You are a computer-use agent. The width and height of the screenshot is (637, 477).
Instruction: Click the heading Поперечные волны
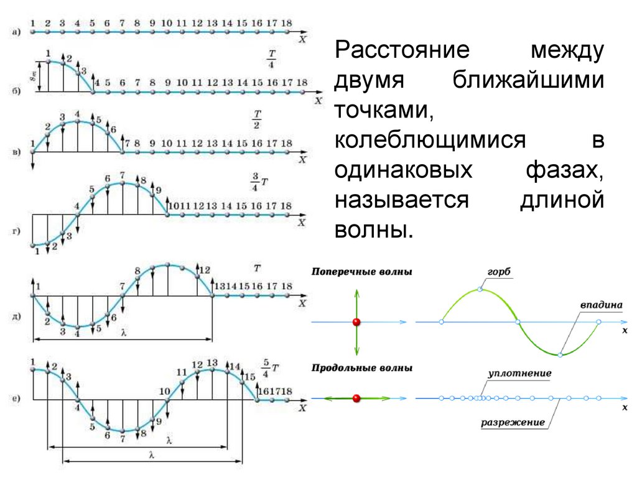[361, 272]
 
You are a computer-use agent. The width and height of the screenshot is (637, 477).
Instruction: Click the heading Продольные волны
[361, 368]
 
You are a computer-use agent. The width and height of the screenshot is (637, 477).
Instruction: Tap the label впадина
[601, 305]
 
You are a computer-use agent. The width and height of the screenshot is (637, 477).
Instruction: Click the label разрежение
[513, 423]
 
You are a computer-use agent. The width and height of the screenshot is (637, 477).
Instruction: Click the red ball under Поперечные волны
[356, 322]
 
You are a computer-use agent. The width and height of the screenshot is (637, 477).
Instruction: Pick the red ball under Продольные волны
[356, 397]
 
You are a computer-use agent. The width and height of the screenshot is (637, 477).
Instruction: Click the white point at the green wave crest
[480, 289]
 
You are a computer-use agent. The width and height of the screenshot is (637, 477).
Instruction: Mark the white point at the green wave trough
[560, 354]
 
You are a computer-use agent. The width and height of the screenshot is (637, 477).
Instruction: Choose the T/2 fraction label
[256, 119]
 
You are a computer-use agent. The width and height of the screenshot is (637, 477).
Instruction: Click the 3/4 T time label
[258, 182]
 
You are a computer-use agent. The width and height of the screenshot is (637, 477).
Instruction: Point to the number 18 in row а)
[286, 22]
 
